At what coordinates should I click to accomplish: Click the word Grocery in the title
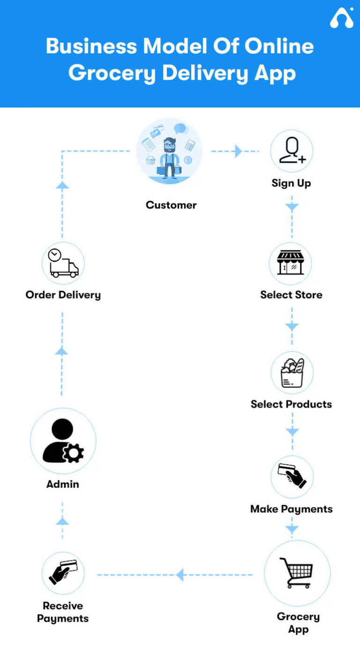point(112,74)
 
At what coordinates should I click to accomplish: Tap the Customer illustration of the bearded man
point(169,151)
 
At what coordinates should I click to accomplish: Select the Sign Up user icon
point(292,151)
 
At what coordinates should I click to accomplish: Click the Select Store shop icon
point(291,263)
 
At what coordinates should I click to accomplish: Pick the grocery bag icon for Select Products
point(292,373)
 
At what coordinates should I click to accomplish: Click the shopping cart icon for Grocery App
point(296,573)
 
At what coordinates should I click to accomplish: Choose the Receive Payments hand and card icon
point(63,573)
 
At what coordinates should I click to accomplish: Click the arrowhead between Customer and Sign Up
point(238,151)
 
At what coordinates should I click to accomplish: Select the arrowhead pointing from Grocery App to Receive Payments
point(180,574)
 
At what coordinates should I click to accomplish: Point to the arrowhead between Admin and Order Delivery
point(62,351)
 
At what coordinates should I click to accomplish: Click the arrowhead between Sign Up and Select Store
point(292,207)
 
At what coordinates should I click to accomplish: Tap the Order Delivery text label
point(63,295)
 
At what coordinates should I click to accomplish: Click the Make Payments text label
point(291,509)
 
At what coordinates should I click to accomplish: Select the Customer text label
point(171,205)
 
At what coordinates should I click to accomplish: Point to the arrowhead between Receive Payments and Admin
point(62,521)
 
